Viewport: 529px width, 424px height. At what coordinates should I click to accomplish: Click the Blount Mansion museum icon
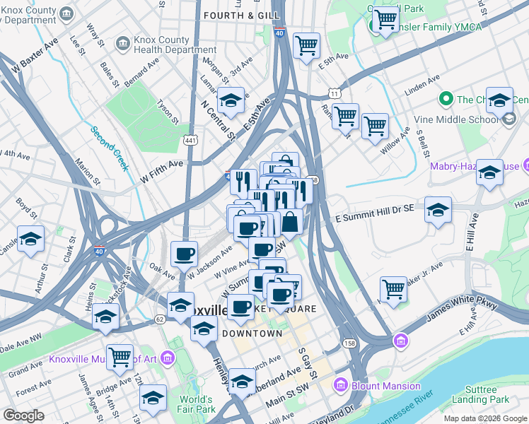coord(340,385)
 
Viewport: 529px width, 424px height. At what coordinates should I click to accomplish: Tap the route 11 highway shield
coord(333,93)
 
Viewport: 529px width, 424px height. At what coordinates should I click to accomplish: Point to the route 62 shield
coord(160,319)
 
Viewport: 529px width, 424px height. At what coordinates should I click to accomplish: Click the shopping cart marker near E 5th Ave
coord(306,46)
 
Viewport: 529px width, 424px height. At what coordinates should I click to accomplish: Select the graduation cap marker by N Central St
coord(231,101)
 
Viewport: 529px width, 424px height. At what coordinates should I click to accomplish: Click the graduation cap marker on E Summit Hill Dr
coord(438,210)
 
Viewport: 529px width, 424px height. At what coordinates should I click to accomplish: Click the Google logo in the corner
coord(23,416)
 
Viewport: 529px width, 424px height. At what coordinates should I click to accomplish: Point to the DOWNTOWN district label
coord(252,333)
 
